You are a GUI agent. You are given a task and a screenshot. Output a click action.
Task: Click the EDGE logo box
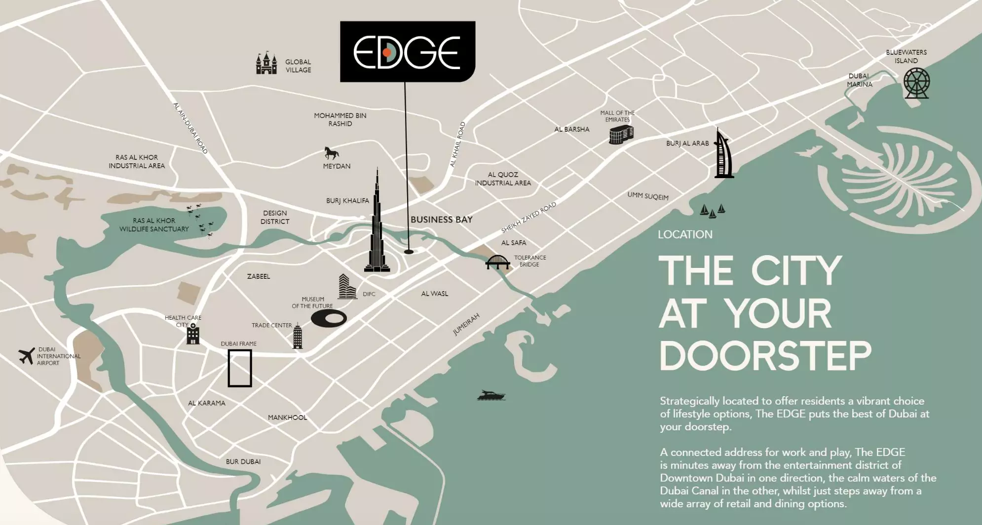pos(408,51)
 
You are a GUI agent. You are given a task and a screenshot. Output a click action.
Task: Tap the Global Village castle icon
pos(266,63)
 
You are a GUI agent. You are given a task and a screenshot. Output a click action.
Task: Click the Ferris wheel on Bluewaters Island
pos(916,83)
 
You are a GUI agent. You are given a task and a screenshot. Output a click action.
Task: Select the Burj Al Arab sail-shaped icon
pos(723,154)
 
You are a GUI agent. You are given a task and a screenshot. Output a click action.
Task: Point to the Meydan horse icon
pos(331,152)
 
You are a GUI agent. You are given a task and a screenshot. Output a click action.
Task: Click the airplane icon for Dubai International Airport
pos(27,355)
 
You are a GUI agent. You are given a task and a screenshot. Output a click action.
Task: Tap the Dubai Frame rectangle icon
pos(240,368)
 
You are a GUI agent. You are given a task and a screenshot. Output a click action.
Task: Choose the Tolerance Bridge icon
pos(497,262)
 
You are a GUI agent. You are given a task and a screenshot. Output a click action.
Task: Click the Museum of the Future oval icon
pos(329,318)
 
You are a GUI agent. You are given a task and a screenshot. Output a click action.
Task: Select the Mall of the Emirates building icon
pos(621,134)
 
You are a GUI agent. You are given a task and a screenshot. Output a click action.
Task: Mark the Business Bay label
pos(442,220)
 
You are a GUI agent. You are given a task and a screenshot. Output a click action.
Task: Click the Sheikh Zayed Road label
pos(529,218)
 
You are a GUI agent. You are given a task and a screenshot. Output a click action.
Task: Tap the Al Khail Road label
pos(457,145)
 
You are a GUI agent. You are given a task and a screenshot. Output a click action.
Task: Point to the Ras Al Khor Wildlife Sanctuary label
pos(154,225)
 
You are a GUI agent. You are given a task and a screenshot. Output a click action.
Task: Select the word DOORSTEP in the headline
pos(765,355)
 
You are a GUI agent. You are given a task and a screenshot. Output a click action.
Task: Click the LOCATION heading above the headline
pos(685,234)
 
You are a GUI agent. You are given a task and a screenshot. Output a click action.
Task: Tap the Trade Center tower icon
pos(297,337)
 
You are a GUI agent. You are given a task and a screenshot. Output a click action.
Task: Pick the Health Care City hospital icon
pos(193,334)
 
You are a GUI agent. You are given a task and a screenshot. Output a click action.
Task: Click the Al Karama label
pos(207,403)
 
